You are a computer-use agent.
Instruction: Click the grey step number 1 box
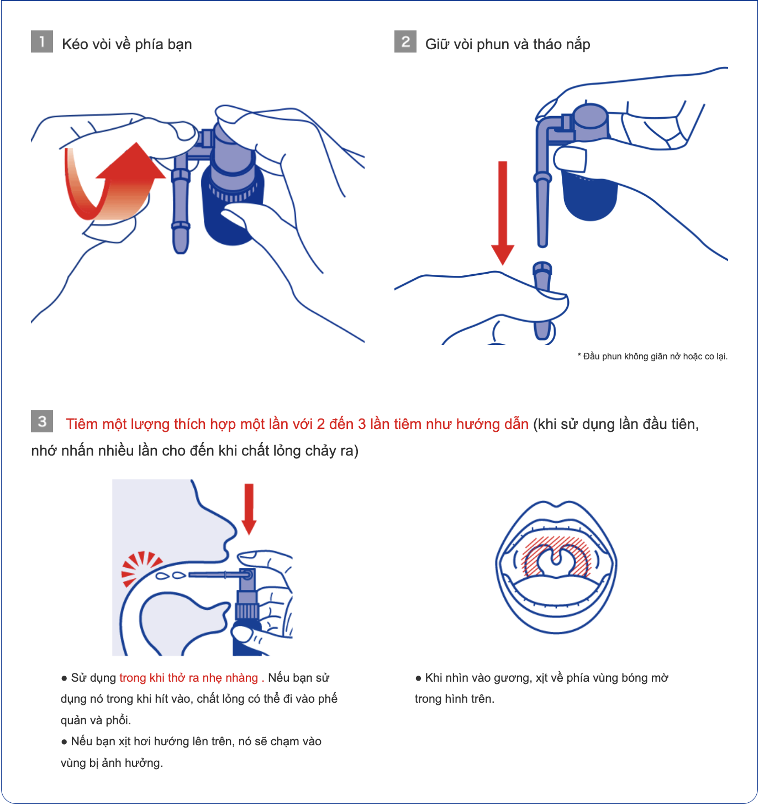(x=42, y=41)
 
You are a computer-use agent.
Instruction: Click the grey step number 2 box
(x=405, y=41)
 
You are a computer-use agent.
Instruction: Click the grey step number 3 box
(x=42, y=421)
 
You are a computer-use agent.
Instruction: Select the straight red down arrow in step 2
(x=503, y=213)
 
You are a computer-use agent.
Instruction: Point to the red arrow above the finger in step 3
(x=249, y=509)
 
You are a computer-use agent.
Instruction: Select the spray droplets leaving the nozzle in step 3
(x=171, y=576)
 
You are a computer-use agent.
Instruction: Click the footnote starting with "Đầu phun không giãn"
(x=652, y=356)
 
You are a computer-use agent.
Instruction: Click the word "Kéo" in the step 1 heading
(x=75, y=44)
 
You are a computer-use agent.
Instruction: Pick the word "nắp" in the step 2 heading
(x=576, y=45)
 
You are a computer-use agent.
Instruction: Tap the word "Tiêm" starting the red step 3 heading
(x=82, y=424)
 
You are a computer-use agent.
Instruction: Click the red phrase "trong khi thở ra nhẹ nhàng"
(x=189, y=678)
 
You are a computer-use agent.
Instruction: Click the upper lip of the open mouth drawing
(x=556, y=513)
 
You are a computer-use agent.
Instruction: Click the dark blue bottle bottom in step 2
(x=590, y=197)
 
